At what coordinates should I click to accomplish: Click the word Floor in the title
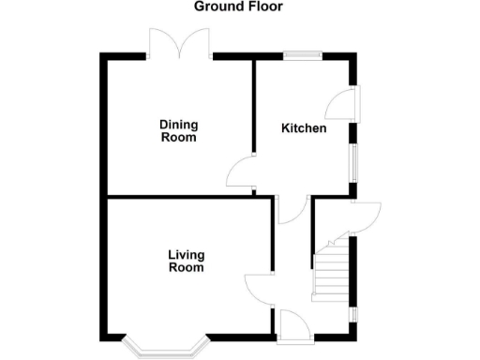point(263,7)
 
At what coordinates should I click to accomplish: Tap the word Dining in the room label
point(178,125)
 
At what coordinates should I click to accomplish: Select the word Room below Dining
point(178,138)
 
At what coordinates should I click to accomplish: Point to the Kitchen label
point(305,128)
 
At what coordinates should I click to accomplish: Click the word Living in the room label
point(187,254)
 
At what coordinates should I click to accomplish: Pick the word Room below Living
point(187,267)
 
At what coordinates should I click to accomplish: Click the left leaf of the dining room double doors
point(162,42)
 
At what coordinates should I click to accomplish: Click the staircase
point(330,272)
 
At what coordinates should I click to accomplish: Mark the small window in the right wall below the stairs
point(352,314)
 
